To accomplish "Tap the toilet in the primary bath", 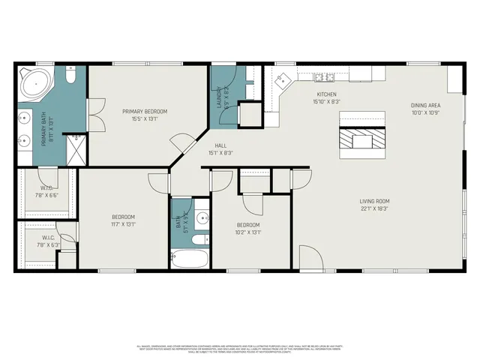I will coord(70,76).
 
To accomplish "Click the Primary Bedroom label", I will coord(145,112).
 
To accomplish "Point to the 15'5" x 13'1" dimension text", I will coord(145,118).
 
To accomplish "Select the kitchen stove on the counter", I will coord(324,76).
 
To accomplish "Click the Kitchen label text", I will coord(326,94).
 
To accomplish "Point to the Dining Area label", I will coord(424,106).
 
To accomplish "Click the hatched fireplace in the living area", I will coord(362,140).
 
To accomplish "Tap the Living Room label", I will coord(375,201).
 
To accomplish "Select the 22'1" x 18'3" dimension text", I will coord(375,208).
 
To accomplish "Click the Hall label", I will coord(220,145).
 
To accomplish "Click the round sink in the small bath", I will coord(201,218).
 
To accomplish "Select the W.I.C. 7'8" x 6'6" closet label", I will coord(46,191).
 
